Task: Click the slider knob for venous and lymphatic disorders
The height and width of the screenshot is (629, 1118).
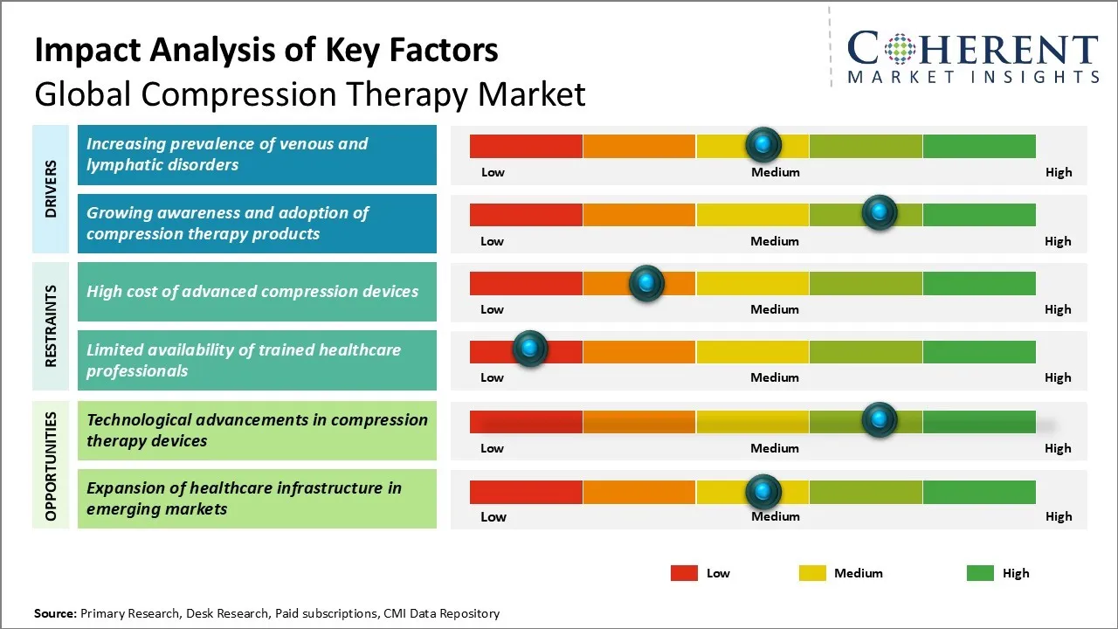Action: click(763, 144)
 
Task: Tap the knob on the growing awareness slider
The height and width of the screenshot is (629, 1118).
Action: click(879, 213)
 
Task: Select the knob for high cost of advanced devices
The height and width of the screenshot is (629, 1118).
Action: click(646, 282)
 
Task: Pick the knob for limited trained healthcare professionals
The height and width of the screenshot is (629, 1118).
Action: click(529, 349)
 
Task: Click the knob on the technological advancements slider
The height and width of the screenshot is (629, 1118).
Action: click(879, 420)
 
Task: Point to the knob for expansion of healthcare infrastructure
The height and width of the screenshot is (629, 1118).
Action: click(763, 492)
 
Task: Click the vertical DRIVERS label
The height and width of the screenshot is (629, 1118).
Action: click(51, 190)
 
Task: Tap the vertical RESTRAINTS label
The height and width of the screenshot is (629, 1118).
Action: click(51, 326)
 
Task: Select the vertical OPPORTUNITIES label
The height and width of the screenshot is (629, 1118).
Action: click(51, 467)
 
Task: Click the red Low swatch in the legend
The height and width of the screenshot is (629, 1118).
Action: click(684, 573)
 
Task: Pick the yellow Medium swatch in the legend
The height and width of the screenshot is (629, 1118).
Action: click(812, 573)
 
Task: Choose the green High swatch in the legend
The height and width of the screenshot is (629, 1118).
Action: click(980, 573)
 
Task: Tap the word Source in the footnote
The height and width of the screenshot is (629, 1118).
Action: click(54, 613)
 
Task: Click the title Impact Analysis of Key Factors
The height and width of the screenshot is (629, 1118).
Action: click(266, 51)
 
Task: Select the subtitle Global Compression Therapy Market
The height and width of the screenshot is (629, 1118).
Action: click(310, 94)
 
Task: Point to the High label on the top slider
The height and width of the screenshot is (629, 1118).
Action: click(1058, 172)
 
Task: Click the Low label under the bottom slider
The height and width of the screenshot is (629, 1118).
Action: click(493, 516)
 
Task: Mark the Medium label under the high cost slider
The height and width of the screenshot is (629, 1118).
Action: click(774, 309)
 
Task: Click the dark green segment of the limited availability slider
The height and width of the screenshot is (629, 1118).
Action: click(978, 351)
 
